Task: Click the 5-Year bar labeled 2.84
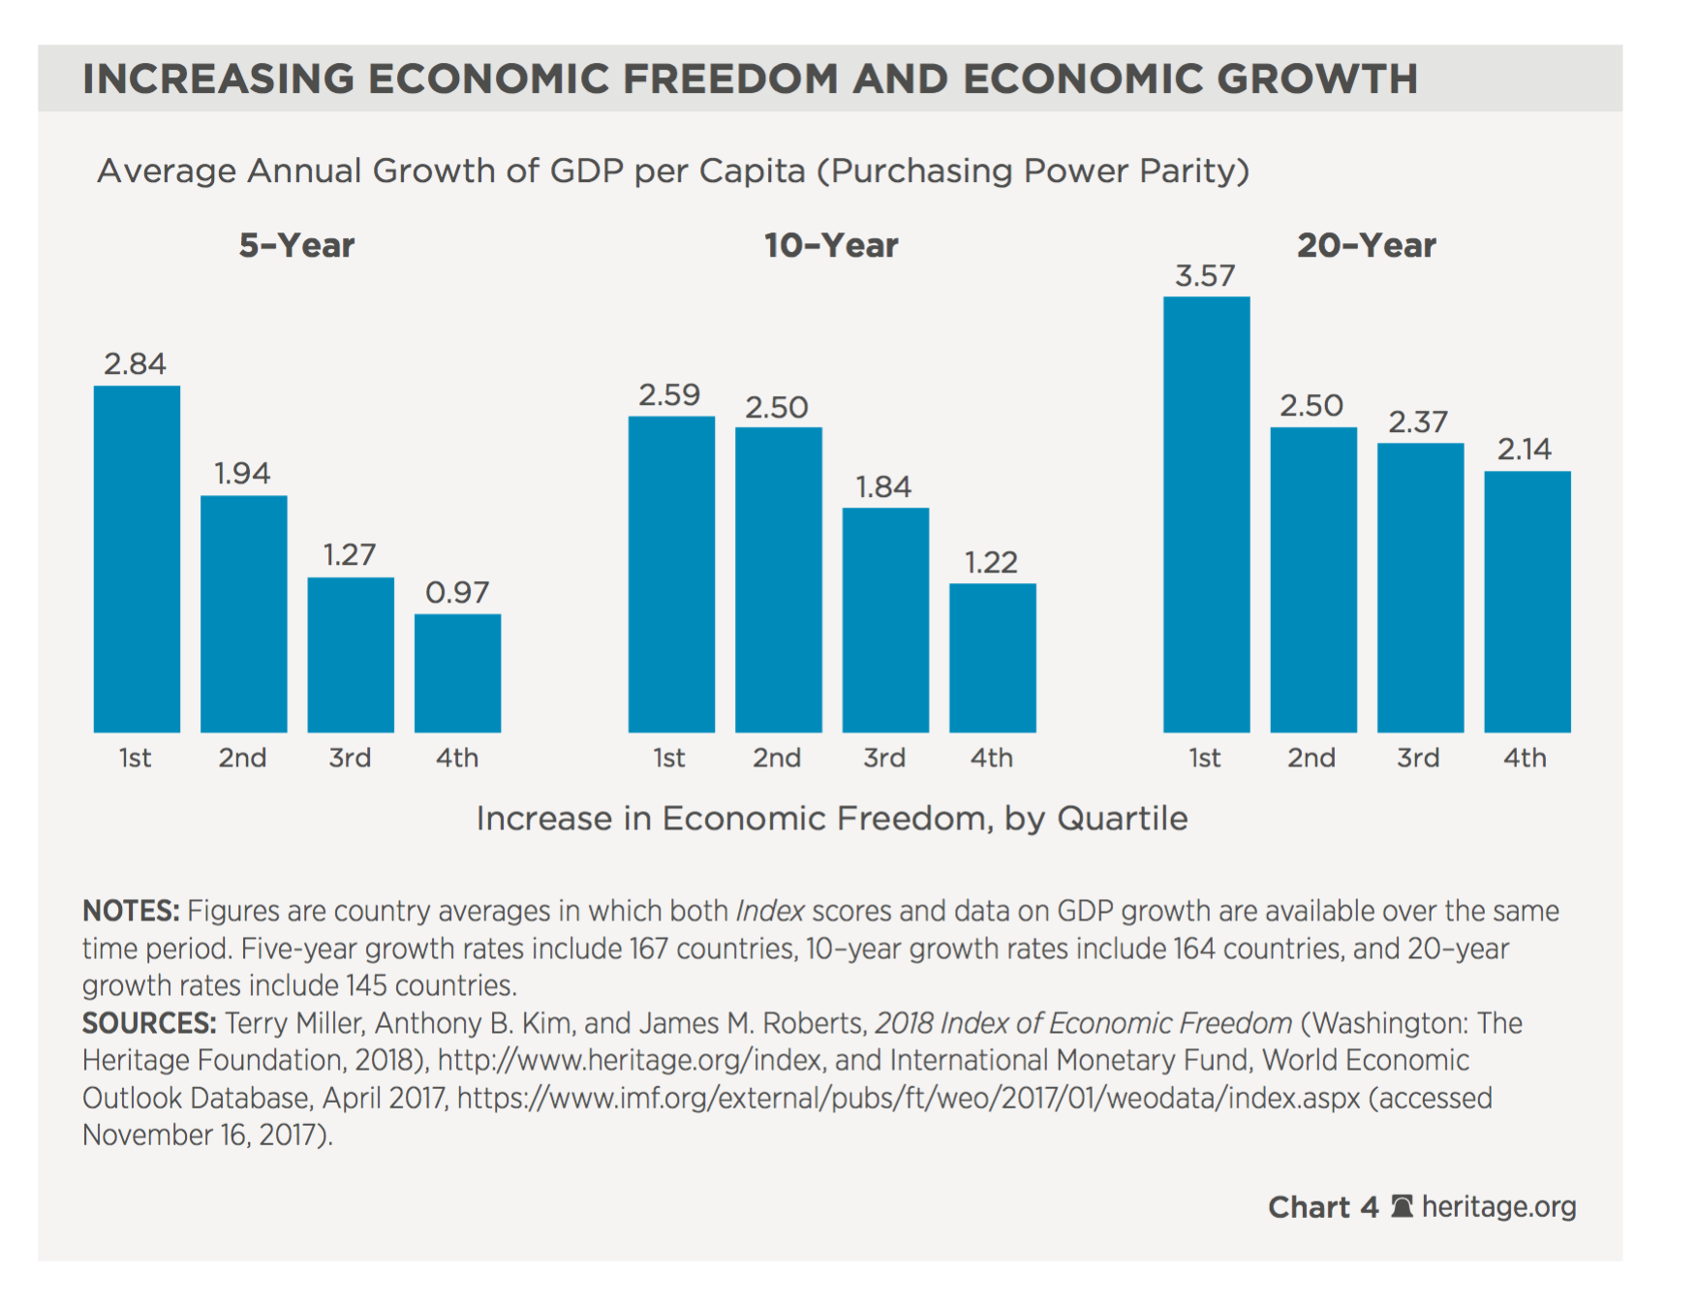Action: [137, 559]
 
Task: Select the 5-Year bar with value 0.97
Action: [457, 672]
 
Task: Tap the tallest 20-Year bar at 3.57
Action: [1206, 514]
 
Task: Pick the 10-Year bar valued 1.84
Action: [885, 620]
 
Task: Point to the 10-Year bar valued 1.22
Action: [992, 658]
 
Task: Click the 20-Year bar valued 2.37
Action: [1420, 587]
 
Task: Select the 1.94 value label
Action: [242, 474]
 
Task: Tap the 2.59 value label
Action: [669, 395]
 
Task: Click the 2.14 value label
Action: [1525, 450]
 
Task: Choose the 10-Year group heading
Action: [831, 246]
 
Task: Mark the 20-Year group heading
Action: [1366, 246]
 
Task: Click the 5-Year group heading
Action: [296, 246]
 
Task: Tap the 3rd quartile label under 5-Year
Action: [350, 758]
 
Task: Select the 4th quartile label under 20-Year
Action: [1525, 758]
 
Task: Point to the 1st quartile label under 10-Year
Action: [669, 758]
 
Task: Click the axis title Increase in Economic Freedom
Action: [831, 819]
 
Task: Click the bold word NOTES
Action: [131, 912]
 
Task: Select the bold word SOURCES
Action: [149, 1024]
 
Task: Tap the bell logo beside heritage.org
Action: [1402, 1206]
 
